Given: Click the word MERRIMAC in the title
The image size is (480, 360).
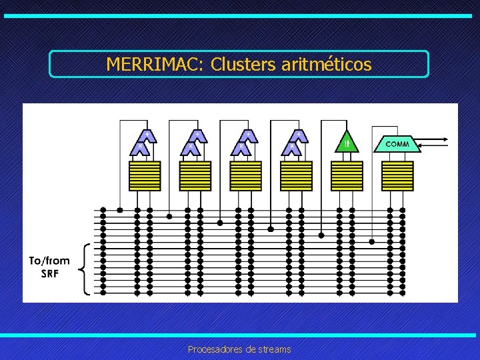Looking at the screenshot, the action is (155, 65).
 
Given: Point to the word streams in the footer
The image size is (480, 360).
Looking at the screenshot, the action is (274, 349).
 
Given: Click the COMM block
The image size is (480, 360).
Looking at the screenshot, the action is (397, 143).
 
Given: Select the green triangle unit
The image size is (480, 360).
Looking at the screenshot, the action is (346, 142).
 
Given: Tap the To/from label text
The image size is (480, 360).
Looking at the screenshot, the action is (49, 261).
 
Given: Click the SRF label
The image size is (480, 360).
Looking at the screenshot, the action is (50, 273).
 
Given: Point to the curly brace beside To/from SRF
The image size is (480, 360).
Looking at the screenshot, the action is (83, 268).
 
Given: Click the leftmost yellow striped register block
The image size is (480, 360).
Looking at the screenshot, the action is (144, 176).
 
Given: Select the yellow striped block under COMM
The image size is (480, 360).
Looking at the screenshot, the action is (397, 176).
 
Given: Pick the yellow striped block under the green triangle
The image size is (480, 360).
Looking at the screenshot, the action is (346, 176).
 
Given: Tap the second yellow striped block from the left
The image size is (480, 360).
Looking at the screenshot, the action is (195, 176).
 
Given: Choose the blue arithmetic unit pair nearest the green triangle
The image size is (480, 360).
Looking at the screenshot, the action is (295, 143).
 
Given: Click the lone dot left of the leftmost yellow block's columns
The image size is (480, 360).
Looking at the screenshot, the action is (120, 209).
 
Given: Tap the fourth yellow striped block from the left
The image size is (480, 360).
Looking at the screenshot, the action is (296, 176).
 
